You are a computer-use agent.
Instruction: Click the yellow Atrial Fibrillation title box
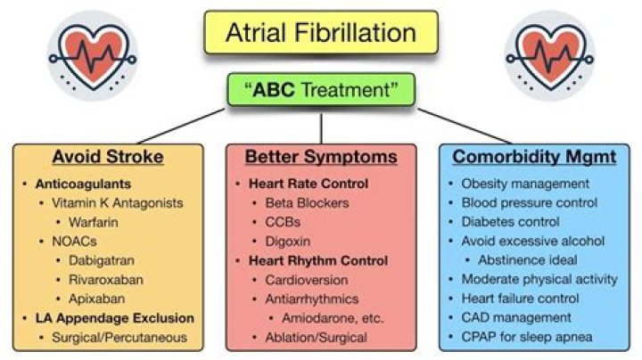(x=320, y=34)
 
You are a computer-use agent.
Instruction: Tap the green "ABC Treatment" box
(x=320, y=89)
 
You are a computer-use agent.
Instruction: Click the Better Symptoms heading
(x=320, y=157)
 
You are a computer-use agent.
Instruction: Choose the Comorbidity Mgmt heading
(x=534, y=157)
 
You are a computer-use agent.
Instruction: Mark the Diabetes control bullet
(x=511, y=221)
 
